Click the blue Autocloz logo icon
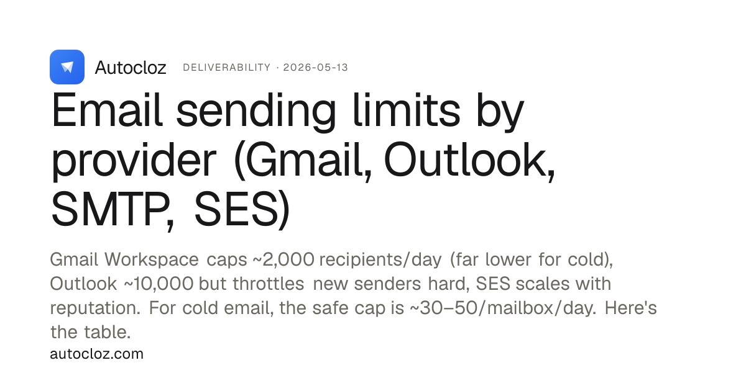click(67, 67)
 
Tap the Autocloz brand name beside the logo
click(131, 68)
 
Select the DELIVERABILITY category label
click(227, 68)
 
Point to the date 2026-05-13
click(315, 68)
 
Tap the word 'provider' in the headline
click(134, 161)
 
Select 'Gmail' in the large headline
click(303, 161)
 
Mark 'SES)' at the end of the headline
click(242, 210)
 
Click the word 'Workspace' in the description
click(152, 259)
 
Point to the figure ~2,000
click(283, 259)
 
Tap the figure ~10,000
click(159, 284)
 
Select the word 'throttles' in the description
click(269, 284)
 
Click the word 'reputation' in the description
click(95, 308)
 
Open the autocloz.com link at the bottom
click(96, 354)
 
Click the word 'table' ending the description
click(107, 332)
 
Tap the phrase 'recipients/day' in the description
click(380, 259)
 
